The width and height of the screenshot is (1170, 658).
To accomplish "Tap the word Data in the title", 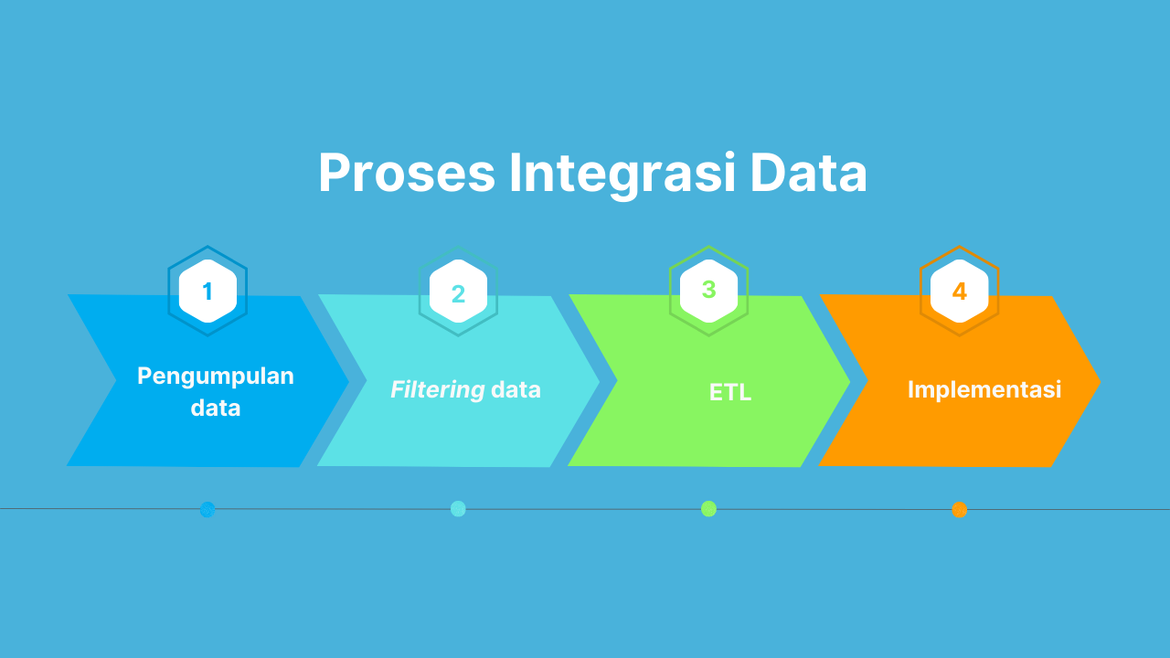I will (809, 174).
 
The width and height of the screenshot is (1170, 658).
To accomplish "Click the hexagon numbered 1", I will (207, 292).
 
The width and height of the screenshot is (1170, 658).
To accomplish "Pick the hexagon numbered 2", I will (458, 292).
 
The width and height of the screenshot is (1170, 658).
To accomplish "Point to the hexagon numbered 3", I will (708, 291).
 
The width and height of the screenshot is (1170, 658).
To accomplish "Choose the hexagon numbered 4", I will (959, 292).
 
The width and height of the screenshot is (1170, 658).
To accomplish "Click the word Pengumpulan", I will (216, 376).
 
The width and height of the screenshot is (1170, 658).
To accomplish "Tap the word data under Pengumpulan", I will (216, 408).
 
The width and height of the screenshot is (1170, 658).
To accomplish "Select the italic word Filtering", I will (437, 390).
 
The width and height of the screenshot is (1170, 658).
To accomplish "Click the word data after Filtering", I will (516, 390).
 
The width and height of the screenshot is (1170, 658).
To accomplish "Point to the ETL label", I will (730, 392).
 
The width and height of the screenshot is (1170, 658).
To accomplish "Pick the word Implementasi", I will (984, 389).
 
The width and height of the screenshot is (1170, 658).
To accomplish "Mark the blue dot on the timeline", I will (207, 509).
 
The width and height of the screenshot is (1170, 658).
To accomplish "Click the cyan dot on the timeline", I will (458, 509).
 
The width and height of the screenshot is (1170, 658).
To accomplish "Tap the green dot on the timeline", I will (708, 509).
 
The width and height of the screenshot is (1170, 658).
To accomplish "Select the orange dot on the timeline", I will (959, 509).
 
